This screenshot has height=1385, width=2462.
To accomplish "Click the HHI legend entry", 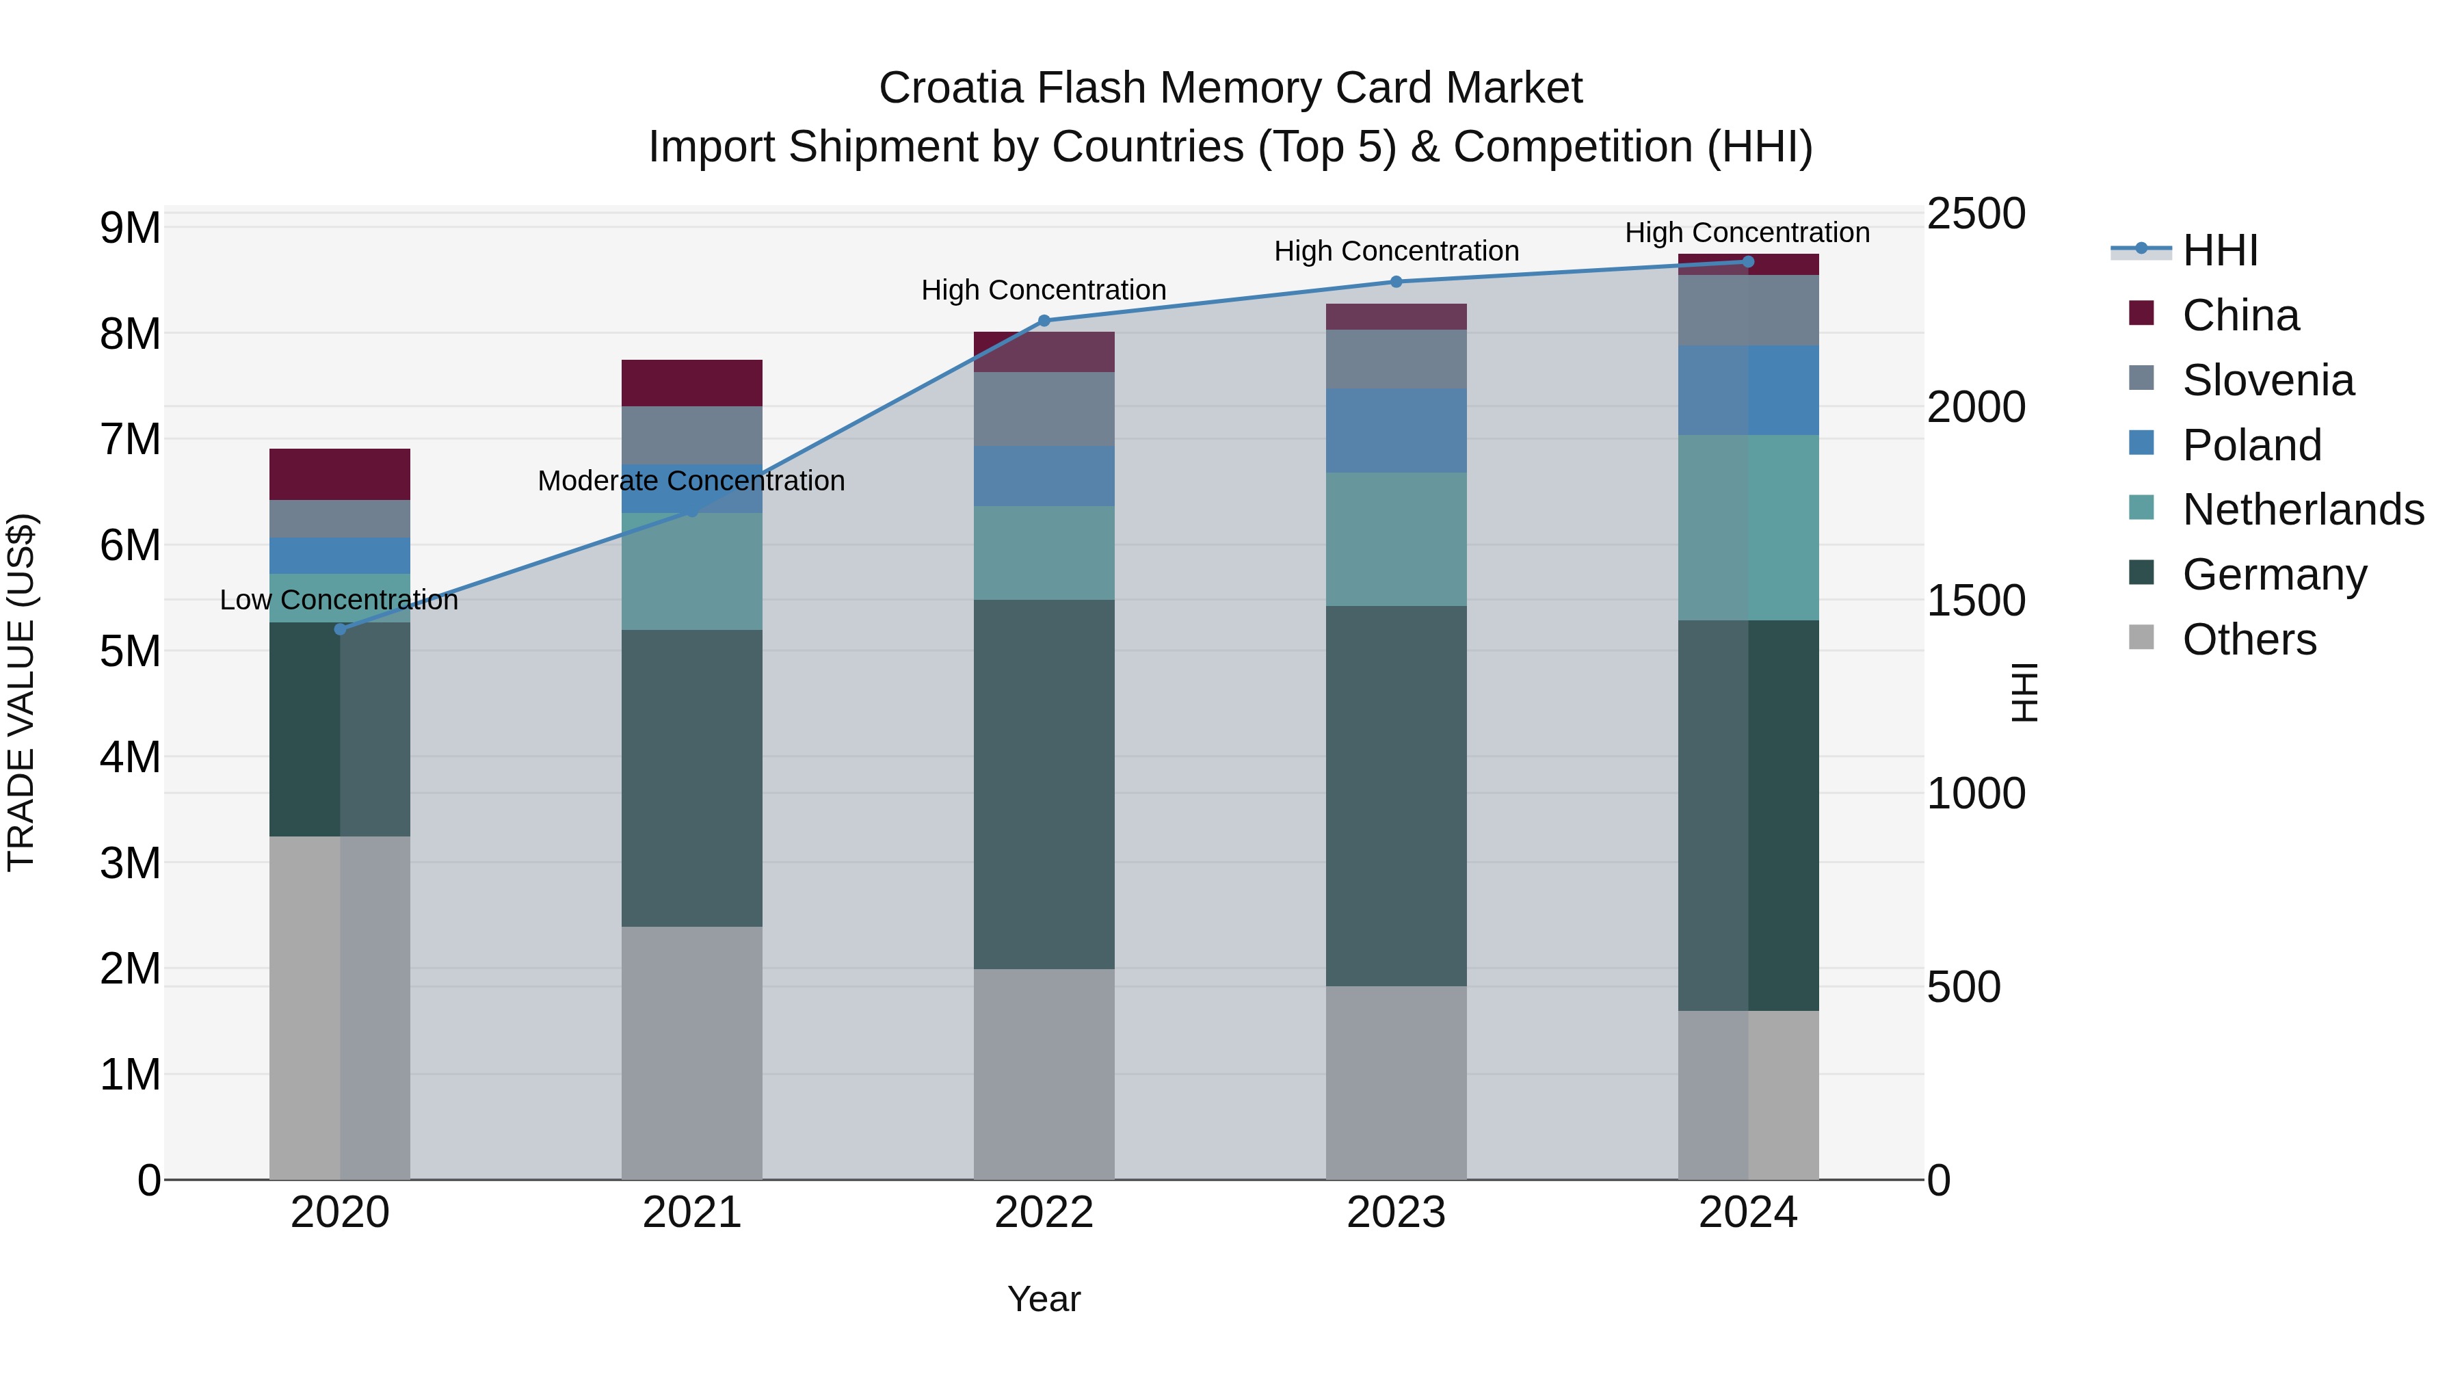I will tap(2219, 250).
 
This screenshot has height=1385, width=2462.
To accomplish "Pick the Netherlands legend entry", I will tap(2301, 510).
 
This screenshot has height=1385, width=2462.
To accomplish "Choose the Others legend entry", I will tap(2249, 639).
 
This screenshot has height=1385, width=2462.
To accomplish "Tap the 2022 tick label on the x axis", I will tap(1044, 1213).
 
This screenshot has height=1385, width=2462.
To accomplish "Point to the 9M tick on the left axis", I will tap(130, 228).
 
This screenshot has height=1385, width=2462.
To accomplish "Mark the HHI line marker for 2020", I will tap(341, 629).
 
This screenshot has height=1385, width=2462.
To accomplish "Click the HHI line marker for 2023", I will tap(1397, 282).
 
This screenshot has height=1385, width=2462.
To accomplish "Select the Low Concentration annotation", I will tap(339, 601).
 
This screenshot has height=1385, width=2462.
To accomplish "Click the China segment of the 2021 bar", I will tap(692, 383).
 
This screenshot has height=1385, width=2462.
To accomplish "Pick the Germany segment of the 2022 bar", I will tap(1044, 784).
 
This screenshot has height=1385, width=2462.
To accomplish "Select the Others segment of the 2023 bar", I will tap(1397, 1082).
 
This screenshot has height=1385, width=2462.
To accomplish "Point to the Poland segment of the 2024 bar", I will tap(1748, 390).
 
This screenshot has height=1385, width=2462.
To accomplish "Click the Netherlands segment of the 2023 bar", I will tap(1397, 539).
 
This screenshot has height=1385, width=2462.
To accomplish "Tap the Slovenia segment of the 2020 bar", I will tap(341, 519).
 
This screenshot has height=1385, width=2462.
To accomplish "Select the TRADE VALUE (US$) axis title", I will tap(21, 692).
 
